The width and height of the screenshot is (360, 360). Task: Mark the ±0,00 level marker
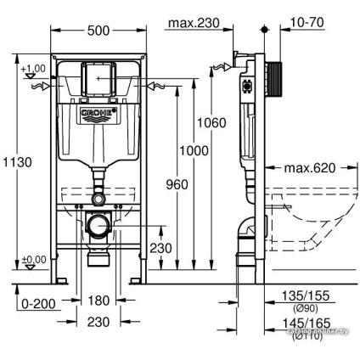tap(35, 260)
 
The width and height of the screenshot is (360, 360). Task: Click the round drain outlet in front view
tap(99, 226)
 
